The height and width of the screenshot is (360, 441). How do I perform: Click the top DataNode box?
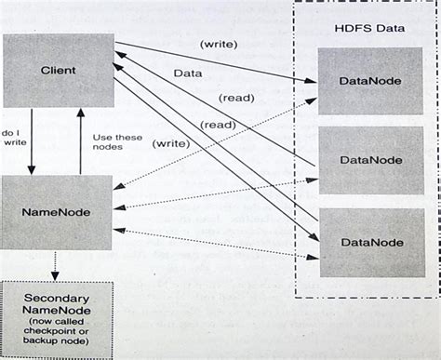[x=371, y=81]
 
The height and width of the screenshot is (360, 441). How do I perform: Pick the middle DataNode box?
[x=371, y=160]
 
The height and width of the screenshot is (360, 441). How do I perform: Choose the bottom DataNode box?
[x=371, y=242]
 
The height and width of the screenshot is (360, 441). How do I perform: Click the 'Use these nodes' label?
[x=117, y=142]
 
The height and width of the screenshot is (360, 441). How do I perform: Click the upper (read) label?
[x=237, y=98]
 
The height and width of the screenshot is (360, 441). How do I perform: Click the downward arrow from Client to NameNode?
[x=31, y=140]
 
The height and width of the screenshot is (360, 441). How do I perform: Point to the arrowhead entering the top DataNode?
[x=314, y=81]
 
